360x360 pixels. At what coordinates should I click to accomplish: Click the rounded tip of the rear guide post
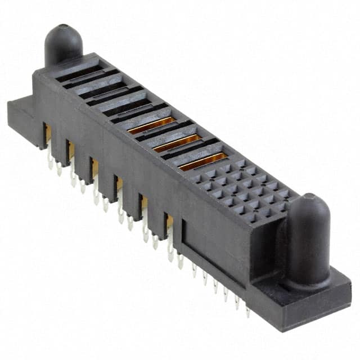[x=63, y=31]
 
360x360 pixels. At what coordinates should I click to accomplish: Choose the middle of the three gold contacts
[x=177, y=144]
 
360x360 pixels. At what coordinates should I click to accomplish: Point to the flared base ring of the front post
[x=308, y=281]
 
